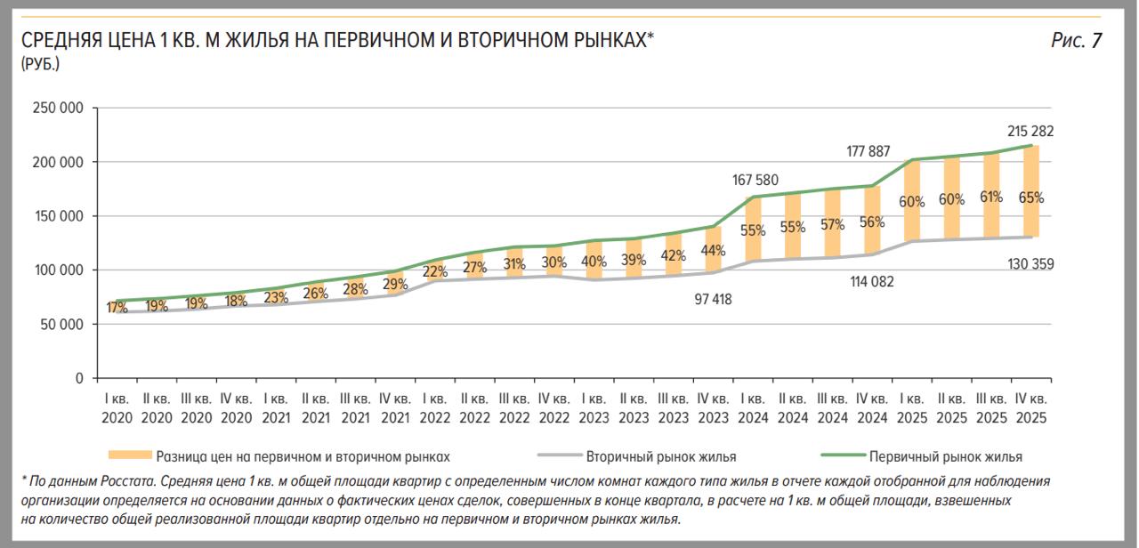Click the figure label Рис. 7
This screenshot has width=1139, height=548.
click(x=1076, y=40)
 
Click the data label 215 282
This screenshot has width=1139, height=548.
click(x=1030, y=131)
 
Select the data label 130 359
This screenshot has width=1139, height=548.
click(x=1030, y=263)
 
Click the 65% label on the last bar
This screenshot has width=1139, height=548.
click(x=1030, y=197)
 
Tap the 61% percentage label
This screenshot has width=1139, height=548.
click(x=990, y=197)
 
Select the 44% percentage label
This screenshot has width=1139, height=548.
click(x=712, y=250)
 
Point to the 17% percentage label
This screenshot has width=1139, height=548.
click(x=117, y=308)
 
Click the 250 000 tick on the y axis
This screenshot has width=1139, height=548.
click(x=57, y=109)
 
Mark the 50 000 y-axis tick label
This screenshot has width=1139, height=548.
click(x=61, y=325)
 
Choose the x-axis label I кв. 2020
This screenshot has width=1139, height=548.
click(x=117, y=408)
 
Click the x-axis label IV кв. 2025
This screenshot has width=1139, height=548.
click(x=1030, y=408)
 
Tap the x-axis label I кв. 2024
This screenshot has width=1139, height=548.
click(x=753, y=408)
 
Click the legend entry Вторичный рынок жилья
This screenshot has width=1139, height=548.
click(x=660, y=456)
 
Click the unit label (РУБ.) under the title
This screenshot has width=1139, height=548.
click(x=41, y=63)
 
